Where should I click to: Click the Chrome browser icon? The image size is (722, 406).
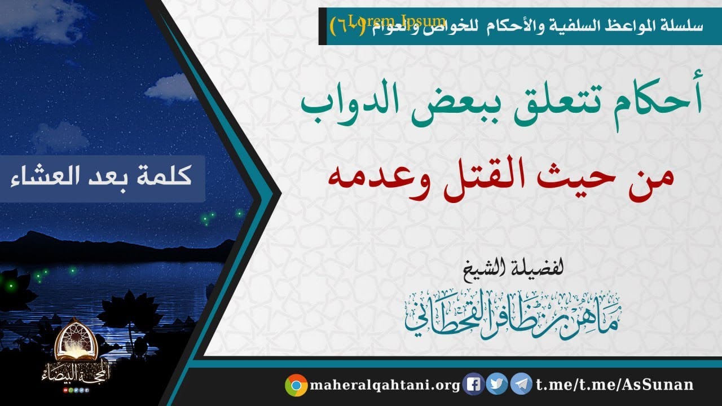[x=296, y=385]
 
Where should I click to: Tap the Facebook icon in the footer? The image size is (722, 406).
[x=474, y=385]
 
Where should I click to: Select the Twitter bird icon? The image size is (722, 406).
[x=497, y=385]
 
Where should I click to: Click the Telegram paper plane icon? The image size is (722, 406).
[x=521, y=385]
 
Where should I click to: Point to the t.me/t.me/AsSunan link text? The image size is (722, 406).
[x=614, y=385]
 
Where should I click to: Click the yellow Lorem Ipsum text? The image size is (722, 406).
[x=397, y=21]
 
